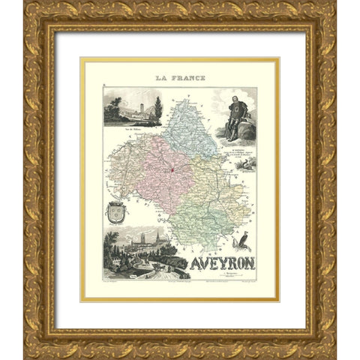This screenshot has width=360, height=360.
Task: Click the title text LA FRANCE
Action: pos(179,77)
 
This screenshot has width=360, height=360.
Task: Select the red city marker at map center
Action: pos(172,168)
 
